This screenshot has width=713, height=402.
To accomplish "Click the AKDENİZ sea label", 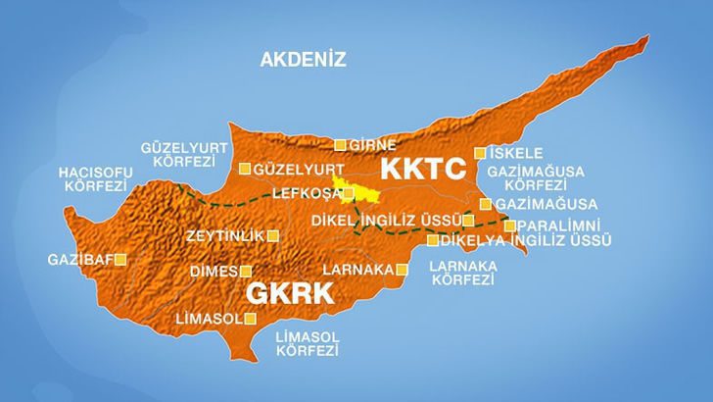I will (x=304, y=60).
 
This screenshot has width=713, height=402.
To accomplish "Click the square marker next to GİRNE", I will (x=340, y=145).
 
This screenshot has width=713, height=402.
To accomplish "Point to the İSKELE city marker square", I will (x=480, y=153).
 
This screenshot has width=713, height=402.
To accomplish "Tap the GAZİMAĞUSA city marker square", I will (x=485, y=204).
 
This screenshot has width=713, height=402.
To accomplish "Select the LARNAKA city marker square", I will (x=403, y=269).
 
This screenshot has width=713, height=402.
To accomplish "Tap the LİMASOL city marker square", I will (x=252, y=319).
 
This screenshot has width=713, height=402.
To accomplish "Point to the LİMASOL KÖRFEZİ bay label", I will (x=307, y=343).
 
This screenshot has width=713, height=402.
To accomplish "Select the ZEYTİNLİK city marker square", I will (x=272, y=235).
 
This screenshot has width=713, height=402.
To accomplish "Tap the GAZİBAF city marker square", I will (x=121, y=260).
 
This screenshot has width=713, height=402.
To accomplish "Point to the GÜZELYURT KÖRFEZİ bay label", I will (x=184, y=154).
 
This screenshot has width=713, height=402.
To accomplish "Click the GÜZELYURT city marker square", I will (x=245, y=169).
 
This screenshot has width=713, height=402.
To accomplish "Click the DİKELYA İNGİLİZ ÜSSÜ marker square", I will (x=433, y=240).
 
